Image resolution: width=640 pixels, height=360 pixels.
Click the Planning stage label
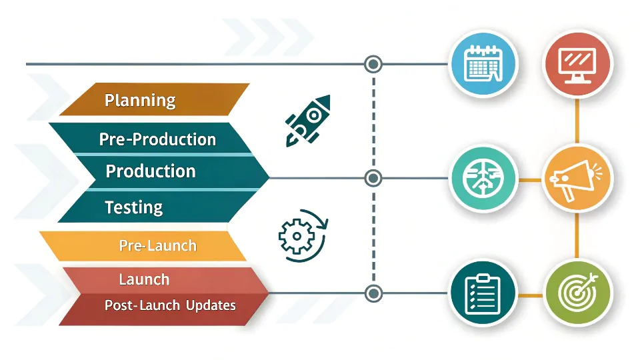tap(140, 101)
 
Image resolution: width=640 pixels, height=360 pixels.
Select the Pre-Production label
tap(157, 139)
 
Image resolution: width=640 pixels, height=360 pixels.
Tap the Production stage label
tap(151, 171)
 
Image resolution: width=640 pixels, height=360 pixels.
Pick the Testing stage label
tap(133, 207)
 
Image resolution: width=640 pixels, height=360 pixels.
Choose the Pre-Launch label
tap(157, 245)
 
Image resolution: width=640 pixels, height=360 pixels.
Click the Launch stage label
tap(144, 279)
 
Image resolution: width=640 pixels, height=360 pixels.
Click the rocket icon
tap(308, 121)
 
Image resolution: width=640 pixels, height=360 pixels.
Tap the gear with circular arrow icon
tap(303, 235)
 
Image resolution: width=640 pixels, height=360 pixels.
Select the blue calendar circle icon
tap(483, 64)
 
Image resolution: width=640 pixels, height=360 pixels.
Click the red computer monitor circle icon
tap(577, 64)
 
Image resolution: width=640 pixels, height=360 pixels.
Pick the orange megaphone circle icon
tap(577, 179)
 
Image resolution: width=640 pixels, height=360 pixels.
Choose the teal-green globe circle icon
tap(483, 179)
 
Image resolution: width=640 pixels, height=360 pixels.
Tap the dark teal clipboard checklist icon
tap(483, 293)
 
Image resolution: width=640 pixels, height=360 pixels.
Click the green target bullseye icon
tap(577, 293)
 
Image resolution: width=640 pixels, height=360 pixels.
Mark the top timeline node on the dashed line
tap(373, 64)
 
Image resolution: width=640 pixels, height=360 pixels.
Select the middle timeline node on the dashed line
tap(373, 179)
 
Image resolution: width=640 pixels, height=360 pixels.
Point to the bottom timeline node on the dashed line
tap(373, 293)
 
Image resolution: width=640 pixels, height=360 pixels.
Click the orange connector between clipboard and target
tap(531, 295)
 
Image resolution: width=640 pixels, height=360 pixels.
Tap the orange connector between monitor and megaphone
tap(577, 121)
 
